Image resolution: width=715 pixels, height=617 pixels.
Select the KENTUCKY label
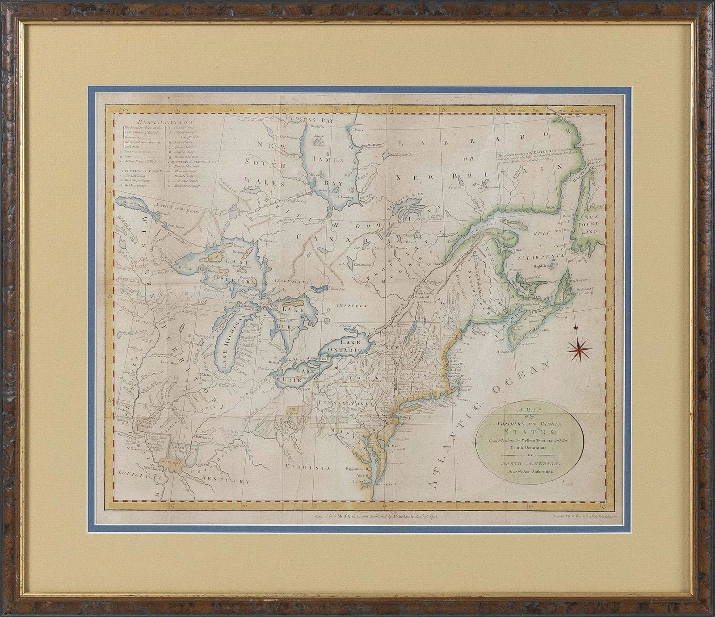tap(227, 481)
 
